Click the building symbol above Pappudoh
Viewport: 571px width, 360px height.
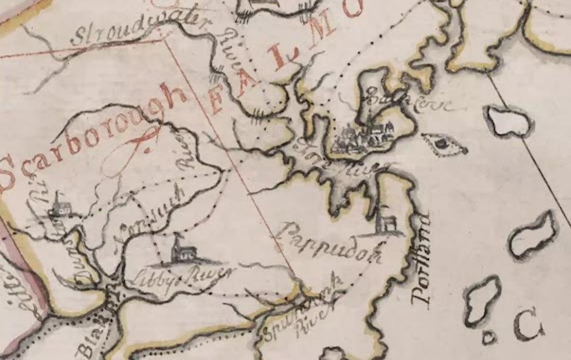click(x=385, y=222)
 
